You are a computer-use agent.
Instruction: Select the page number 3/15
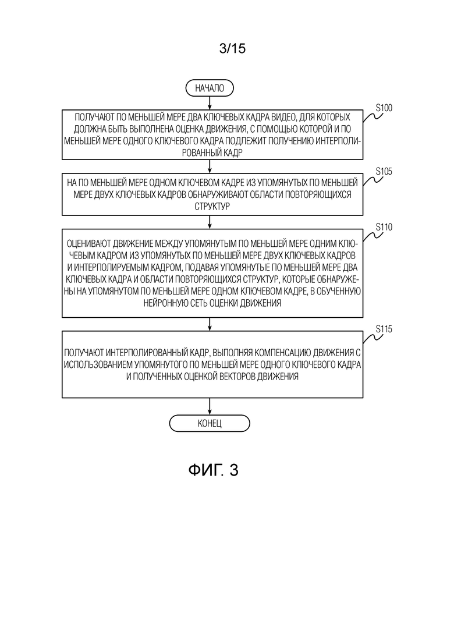tap(232, 48)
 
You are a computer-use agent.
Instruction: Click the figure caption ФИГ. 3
tap(213, 470)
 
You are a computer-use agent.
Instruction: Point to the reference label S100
tap(384, 108)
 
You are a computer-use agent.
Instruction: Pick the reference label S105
tap(384, 171)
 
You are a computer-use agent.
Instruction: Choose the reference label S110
tap(384, 227)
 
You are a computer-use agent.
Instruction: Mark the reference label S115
tap(384, 329)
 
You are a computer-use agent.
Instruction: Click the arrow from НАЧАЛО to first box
tap(210, 103)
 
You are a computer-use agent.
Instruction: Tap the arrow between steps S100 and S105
tap(210, 166)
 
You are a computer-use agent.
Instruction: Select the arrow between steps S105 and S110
tap(210, 222)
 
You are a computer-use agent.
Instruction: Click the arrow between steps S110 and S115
tap(210, 324)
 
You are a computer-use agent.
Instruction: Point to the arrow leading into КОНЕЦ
tap(210, 406)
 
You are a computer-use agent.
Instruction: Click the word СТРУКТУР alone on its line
tap(212, 206)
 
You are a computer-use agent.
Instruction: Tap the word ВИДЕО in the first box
tap(283, 117)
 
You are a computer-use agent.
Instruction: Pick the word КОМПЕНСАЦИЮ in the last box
tap(282, 352)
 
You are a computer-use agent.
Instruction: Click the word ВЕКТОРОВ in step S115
tap(236, 376)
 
